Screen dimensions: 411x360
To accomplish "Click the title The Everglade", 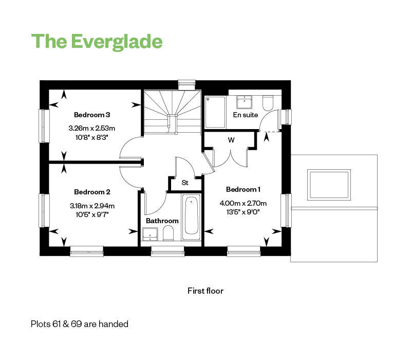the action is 97,42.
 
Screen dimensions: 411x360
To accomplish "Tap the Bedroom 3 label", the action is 92,115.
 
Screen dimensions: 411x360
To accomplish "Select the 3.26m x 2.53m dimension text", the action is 92,128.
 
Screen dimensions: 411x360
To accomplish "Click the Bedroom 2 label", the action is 92,192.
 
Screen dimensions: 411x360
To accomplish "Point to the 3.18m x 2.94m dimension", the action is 92,206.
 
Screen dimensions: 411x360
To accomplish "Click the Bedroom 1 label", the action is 243,189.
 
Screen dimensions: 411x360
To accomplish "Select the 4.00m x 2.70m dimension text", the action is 243,203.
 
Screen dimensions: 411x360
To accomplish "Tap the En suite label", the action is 246,115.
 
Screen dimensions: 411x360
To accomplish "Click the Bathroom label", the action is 162,221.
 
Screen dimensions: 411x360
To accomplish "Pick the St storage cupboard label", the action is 185,183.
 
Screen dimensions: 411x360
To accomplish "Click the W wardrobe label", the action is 231,140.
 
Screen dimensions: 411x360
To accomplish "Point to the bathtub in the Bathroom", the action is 191,217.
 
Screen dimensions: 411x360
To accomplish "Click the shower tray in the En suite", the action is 215,112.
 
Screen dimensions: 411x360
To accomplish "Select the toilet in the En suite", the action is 268,103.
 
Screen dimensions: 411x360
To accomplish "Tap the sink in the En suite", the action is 245,102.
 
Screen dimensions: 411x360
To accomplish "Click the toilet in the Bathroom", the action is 168,233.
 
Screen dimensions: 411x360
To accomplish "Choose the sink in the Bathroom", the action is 150,235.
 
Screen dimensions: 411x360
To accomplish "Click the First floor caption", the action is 206,291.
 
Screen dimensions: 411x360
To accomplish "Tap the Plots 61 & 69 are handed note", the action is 80,324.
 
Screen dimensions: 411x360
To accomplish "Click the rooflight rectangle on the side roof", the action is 329,185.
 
